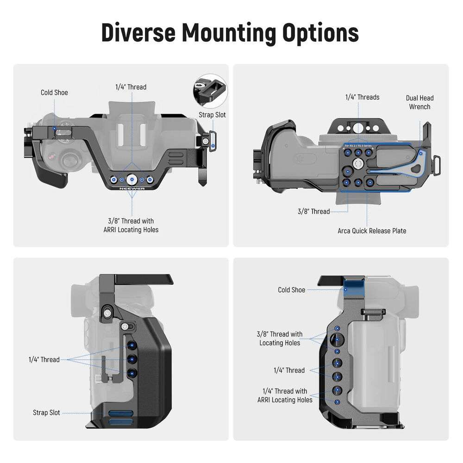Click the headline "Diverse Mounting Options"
click(x=230, y=32)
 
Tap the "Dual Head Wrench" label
click(x=419, y=102)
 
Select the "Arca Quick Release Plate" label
click(x=372, y=231)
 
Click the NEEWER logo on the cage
click(x=132, y=188)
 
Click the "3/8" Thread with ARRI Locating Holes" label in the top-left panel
click(x=131, y=225)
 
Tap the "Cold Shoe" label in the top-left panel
click(x=54, y=93)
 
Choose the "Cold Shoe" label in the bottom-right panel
click(x=291, y=290)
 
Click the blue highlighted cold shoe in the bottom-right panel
click(x=354, y=288)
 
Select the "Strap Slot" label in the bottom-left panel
click(x=46, y=413)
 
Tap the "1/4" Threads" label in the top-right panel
click(x=363, y=97)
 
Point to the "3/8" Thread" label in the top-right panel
click(x=313, y=212)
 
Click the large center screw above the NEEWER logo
click(x=131, y=179)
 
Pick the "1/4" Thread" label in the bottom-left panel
click(x=44, y=359)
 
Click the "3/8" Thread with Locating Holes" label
click(x=280, y=338)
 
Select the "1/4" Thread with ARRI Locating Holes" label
click(x=285, y=395)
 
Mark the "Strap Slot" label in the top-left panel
click(x=212, y=115)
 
